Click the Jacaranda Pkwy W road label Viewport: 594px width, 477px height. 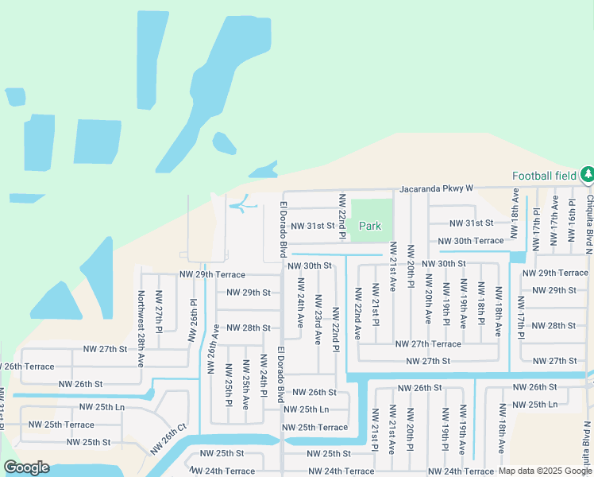[436, 188]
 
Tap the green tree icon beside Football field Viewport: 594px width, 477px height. [587, 174]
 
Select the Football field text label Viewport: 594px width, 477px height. [544, 176]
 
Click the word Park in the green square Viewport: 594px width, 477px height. [370, 227]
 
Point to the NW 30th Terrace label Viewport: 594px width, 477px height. [475, 241]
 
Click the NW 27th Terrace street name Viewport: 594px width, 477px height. [427, 344]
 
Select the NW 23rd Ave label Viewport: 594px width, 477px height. [318, 319]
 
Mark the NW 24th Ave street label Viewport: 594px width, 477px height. [300, 303]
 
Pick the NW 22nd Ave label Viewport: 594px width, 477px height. [357, 312]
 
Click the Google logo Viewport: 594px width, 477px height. [26, 467]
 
